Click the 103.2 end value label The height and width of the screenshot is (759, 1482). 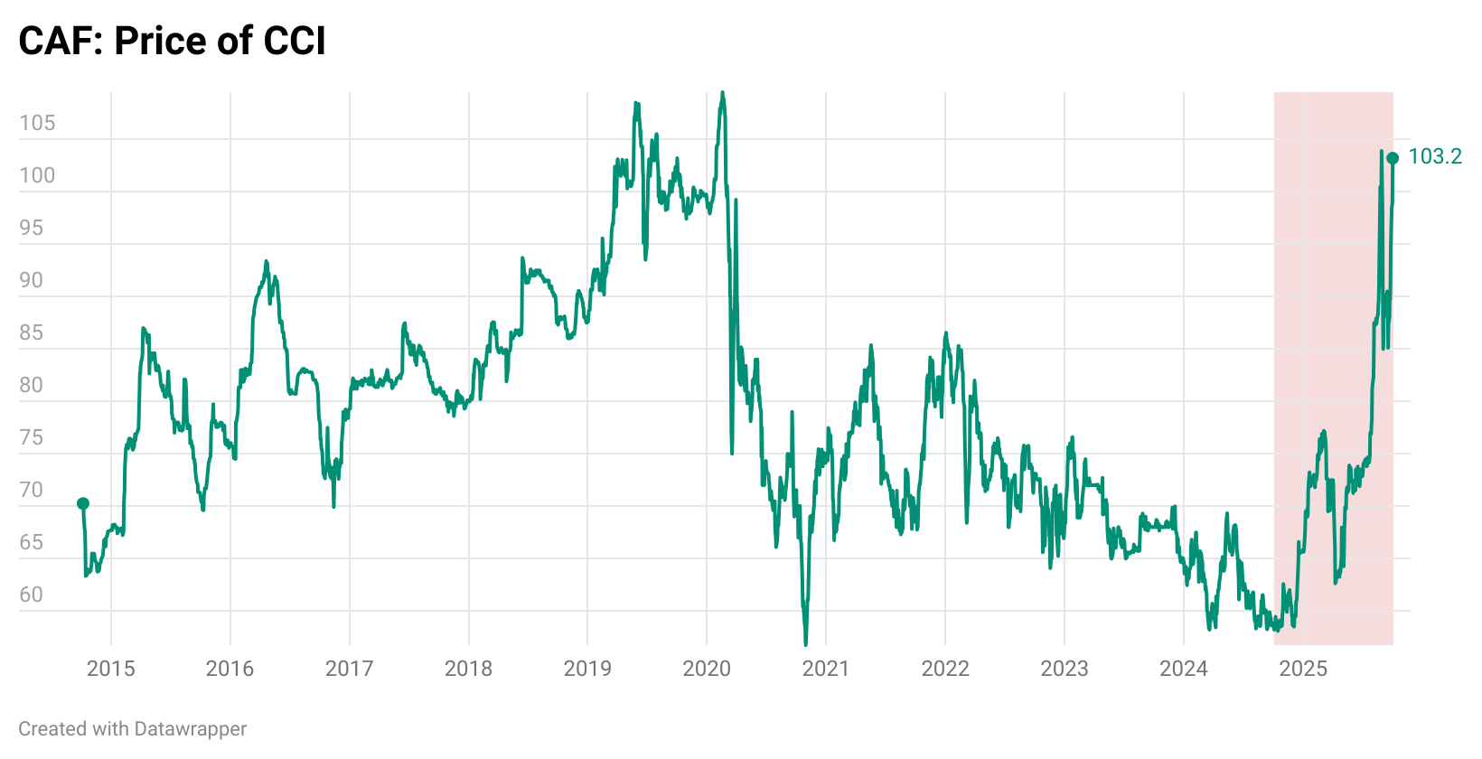pos(1435,156)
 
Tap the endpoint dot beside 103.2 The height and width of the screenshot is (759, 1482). pos(1393,158)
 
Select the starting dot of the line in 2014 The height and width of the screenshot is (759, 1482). pos(83,502)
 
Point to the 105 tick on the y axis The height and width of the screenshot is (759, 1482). pos(37,123)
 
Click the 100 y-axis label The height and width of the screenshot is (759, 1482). pos(37,175)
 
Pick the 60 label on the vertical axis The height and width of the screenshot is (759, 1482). pos(31,595)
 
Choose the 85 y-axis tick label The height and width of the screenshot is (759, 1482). pos(31,333)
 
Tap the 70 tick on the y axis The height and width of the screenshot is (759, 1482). pos(31,490)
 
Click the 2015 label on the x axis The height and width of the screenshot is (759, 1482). pos(110,669)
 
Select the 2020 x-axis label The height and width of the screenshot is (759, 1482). pos(707,669)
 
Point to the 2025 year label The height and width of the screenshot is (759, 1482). pos(1303,669)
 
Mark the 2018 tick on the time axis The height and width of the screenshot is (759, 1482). pos(468,669)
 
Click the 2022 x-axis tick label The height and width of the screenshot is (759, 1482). pos(945,669)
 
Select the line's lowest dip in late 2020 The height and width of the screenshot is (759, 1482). pos(806,642)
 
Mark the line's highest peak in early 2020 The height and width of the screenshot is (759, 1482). pos(721,93)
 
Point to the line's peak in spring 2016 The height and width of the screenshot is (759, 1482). pos(266,262)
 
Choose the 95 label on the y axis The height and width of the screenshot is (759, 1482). pos(31,228)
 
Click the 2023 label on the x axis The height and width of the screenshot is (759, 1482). pos(1065,669)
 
